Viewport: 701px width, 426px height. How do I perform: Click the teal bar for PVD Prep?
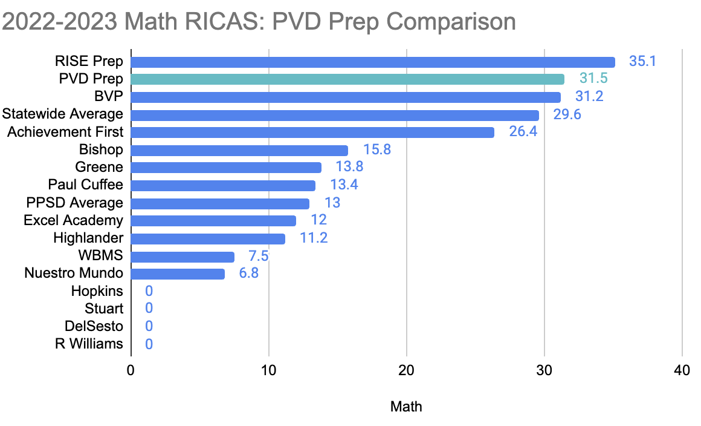tap(347, 79)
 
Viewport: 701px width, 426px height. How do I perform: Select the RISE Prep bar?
tap(373, 62)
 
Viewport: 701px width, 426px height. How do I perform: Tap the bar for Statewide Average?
tap(335, 115)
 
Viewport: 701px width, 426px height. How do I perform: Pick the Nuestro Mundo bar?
tap(178, 274)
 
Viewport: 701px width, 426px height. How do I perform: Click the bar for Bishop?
tap(239, 150)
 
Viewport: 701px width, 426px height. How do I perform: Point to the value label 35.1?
tap(642, 62)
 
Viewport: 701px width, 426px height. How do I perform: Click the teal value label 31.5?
tap(593, 79)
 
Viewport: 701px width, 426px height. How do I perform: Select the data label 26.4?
tap(523, 133)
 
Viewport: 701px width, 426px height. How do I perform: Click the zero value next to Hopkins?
tap(149, 291)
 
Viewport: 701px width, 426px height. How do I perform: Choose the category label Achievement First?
tap(65, 132)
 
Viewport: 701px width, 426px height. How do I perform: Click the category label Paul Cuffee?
tap(85, 185)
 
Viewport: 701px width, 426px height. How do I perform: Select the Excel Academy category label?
tap(73, 220)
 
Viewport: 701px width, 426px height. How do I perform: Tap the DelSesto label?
tap(94, 327)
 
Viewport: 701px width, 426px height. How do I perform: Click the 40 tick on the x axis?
tap(682, 370)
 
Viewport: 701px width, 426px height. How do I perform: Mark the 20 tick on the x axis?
tap(406, 370)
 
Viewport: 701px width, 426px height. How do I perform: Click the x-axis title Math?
tap(406, 407)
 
